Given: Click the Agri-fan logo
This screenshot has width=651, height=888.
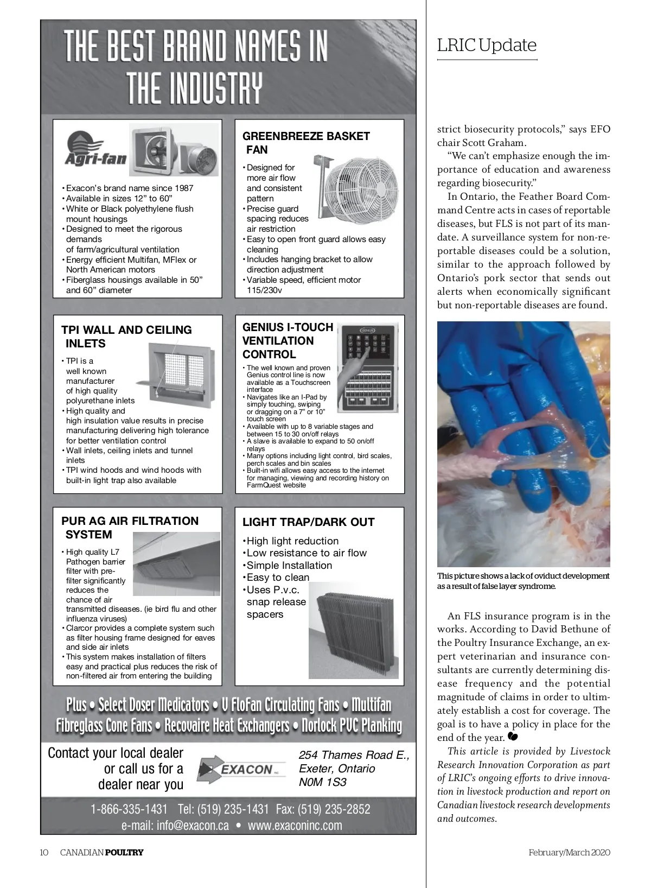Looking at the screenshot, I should coord(95,150).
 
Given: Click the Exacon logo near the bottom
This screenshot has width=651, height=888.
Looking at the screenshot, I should coord(241,769).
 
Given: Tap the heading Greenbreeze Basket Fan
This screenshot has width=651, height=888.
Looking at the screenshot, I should coord(305,143).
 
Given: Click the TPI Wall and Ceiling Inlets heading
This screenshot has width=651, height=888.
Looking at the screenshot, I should coord(126,337).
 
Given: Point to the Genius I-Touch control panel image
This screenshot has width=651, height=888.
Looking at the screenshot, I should coord(365,366).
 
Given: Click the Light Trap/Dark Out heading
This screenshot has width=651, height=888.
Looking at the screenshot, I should coord(308,522).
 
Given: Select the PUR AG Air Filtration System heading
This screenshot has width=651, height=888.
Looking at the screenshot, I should coord(130,528).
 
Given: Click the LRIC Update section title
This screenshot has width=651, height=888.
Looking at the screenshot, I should coord(487,45).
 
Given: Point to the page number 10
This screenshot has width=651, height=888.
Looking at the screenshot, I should coord(44,852).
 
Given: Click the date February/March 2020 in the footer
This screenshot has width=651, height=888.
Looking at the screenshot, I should coord(569,852).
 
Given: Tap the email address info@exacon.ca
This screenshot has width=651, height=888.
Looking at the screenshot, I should coord(175,826).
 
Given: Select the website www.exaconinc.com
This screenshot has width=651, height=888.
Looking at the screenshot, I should coord(295,826).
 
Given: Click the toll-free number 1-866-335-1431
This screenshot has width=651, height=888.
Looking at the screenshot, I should coord(129,810).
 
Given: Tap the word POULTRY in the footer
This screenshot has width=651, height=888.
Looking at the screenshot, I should coord(124,852).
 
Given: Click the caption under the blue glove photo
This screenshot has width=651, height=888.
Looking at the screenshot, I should coord(523,581).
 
